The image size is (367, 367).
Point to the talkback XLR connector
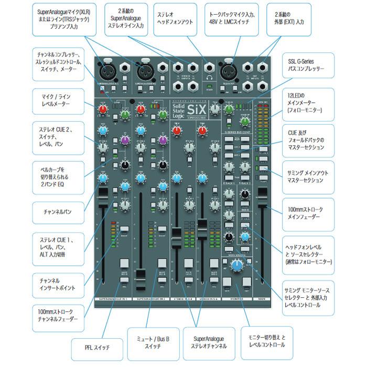(229, 70)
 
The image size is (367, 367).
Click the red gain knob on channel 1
(103, 110)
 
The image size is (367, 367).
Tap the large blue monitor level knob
(236, 265)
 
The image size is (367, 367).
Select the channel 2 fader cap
(140, 275)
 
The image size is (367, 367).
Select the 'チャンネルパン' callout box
(62, 212)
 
